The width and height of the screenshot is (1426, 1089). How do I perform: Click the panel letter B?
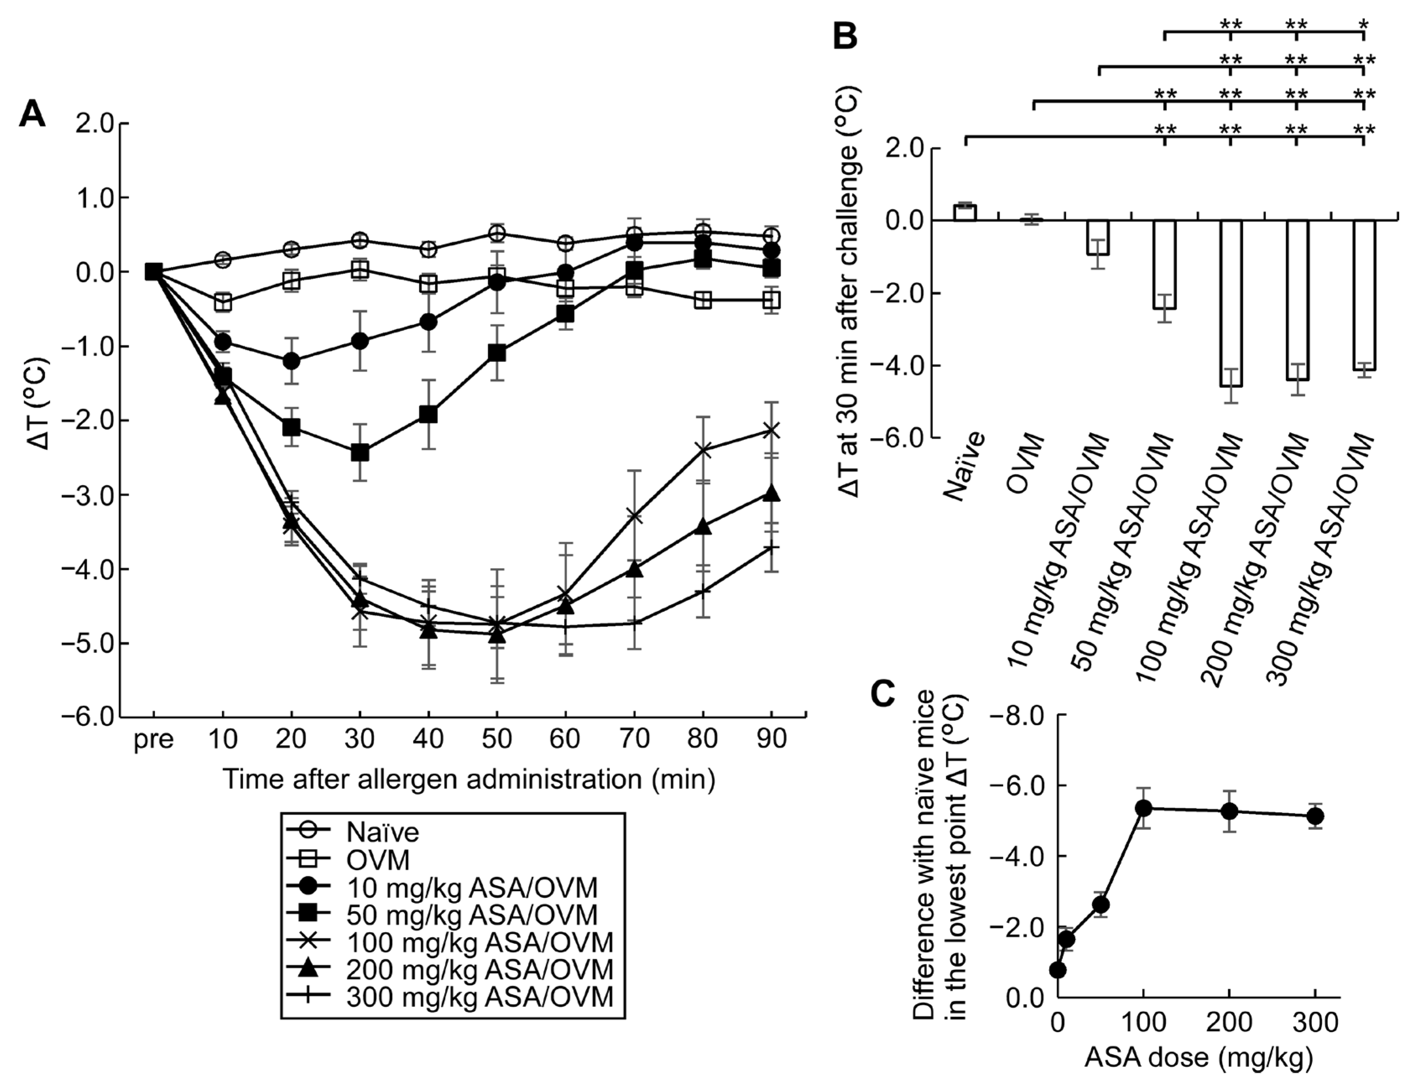click(x=845, y=37)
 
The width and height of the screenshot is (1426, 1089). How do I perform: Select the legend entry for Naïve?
click(x=383, y=832)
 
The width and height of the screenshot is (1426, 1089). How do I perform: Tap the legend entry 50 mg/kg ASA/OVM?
click(x=471, y=914)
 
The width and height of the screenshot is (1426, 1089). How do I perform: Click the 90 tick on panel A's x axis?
click(x=771, y=739)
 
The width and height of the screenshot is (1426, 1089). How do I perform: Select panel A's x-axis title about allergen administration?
click(x=468, y=779)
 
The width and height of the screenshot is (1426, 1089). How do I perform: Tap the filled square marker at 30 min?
click(x=360, y=452)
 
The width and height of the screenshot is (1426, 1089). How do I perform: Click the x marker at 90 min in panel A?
click(x=771, y=430)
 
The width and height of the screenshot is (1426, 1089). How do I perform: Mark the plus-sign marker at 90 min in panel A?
click(x=771, y=548)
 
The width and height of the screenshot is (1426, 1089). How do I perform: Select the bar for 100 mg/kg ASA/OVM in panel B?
click(x=1230, y=303)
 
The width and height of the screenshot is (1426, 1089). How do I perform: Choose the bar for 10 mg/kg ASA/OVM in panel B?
click(x=1098, y=238)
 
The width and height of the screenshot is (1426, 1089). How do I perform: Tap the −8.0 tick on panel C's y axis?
click(x=1018, y=716)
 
